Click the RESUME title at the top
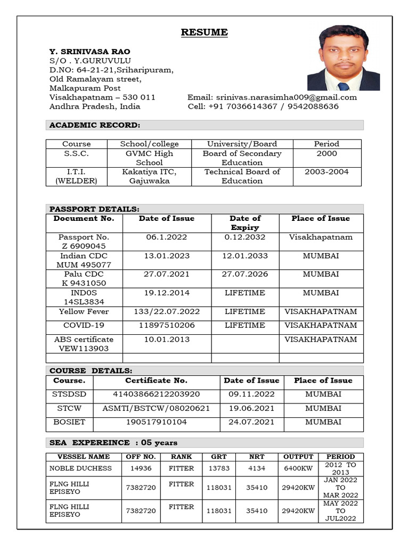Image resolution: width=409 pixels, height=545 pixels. click(204, 32)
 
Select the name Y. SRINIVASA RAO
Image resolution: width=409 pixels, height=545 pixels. click(89, 52)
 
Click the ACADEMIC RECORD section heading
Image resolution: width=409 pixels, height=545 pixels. click(95, 125)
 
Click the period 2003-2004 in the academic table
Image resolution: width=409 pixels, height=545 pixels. click(326, 172)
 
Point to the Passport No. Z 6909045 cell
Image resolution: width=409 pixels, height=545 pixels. click(84, 242)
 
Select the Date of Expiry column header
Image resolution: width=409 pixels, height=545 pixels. click(245, 222)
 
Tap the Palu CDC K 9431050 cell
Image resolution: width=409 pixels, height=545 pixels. click(84, 279)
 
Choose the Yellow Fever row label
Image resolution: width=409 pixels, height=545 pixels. click(84, 311)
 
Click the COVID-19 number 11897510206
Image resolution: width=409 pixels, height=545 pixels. click(167, 325)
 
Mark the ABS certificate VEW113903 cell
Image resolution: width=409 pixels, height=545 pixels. click(84, 344)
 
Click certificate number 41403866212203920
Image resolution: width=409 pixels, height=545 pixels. click(156, 394)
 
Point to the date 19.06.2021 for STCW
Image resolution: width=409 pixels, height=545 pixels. click(251, 408)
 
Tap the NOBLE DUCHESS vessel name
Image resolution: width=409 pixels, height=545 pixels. click(80, 468)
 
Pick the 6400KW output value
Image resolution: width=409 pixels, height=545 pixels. click(298, 468)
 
